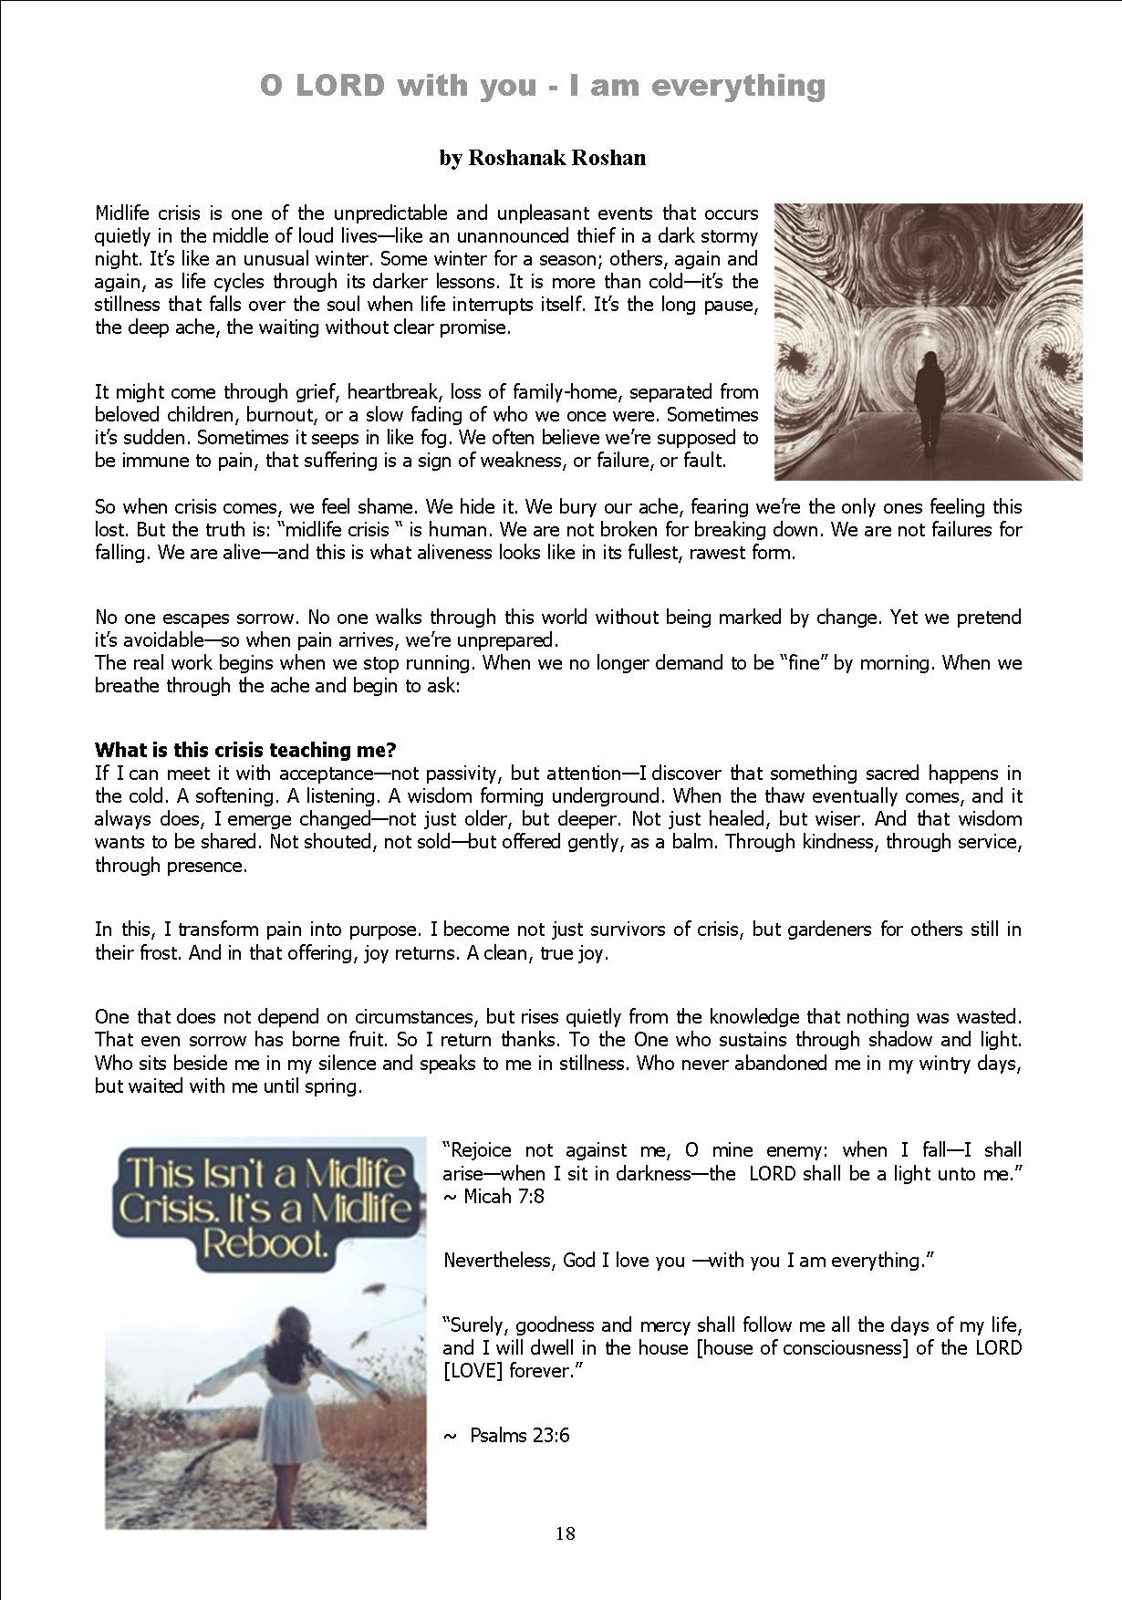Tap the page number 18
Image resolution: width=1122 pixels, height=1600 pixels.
[565, 1533]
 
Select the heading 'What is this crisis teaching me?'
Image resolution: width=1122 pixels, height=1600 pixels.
[245, 750]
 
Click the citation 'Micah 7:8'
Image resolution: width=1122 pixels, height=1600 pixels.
[504, 1196]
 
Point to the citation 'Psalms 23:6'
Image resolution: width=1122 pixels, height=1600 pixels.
[519, 1435]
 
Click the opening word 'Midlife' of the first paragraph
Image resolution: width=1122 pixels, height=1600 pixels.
[125, 213]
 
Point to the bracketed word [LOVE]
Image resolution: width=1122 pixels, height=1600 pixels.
[473, 1371]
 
